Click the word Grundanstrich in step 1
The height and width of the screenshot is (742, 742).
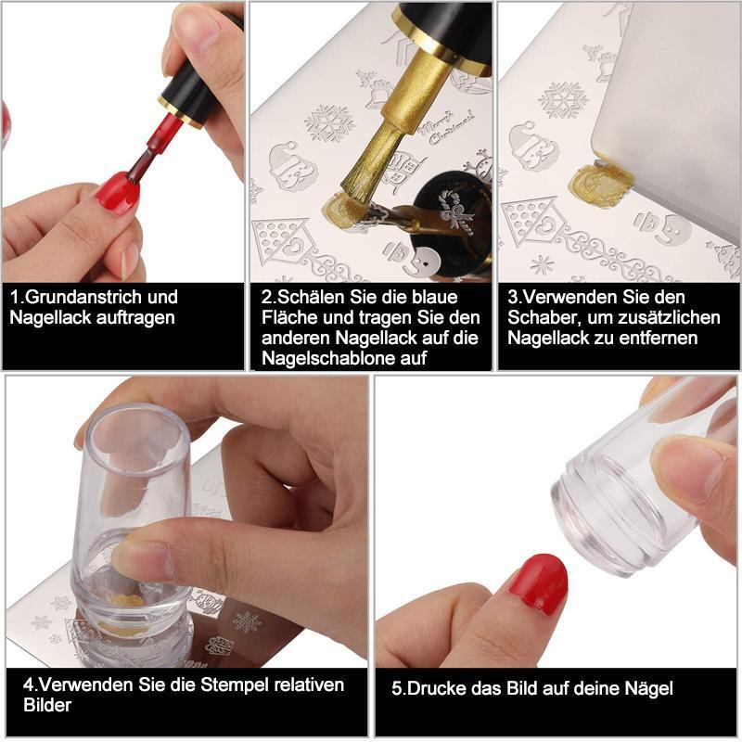click(83, 297)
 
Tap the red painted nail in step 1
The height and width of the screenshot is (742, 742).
click(119, 193)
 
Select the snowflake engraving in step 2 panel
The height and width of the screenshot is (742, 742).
click(329, 122)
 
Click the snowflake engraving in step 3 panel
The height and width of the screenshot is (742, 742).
click(564, 100)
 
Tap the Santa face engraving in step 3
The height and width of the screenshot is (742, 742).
click(532, 146)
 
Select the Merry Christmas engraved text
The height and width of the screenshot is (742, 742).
click(445, 126)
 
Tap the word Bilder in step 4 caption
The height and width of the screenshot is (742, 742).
click(47, 705)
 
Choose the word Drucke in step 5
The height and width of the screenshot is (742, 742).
click(434, 688)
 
